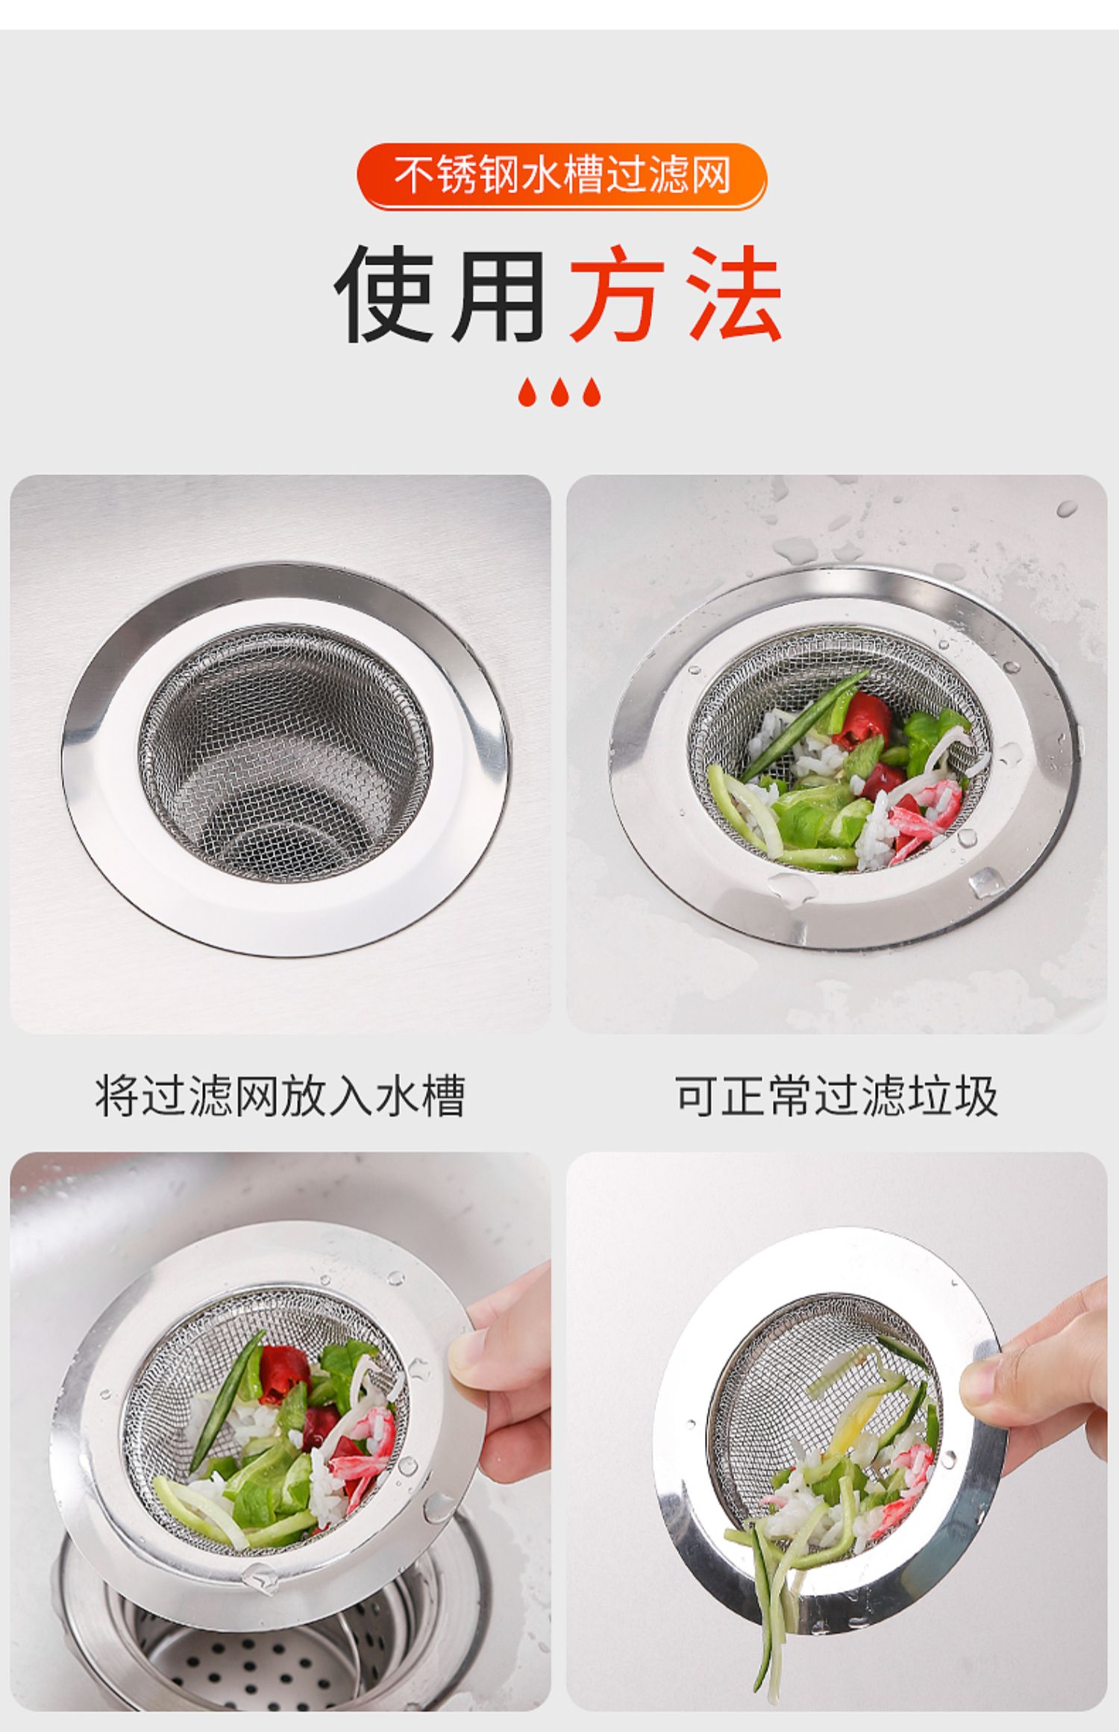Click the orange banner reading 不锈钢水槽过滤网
(x=562, y=176)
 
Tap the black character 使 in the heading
(x=385, y=294)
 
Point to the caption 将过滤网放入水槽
(x=280, y=1096)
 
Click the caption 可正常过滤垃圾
(x=836, y=1096)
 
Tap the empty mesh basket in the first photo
(x=286, y=752)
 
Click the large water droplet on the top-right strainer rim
(x=986, y=883)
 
